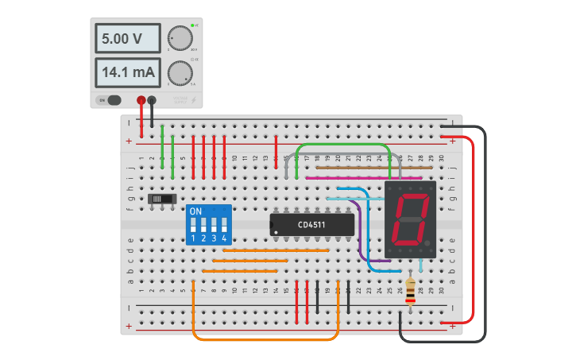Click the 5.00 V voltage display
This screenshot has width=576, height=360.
tap(127, 38)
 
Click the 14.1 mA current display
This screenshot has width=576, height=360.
tap(127, 73)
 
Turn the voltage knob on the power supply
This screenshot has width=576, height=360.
tap(180, 38)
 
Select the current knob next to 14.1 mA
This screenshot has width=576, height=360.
tap(180, 73)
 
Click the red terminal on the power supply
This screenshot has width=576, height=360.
tap(141, 100)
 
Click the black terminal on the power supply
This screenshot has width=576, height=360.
tap(152, 100)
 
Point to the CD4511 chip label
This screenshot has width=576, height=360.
tap(311, 225)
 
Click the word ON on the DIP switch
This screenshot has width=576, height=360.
tap(195, 211)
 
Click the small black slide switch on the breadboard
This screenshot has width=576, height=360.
tap(162, 198)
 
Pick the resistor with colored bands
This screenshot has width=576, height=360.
tap(410, 292)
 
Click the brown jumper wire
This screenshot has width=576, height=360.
tap(361, 168)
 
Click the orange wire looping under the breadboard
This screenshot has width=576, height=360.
tap(266, 340)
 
